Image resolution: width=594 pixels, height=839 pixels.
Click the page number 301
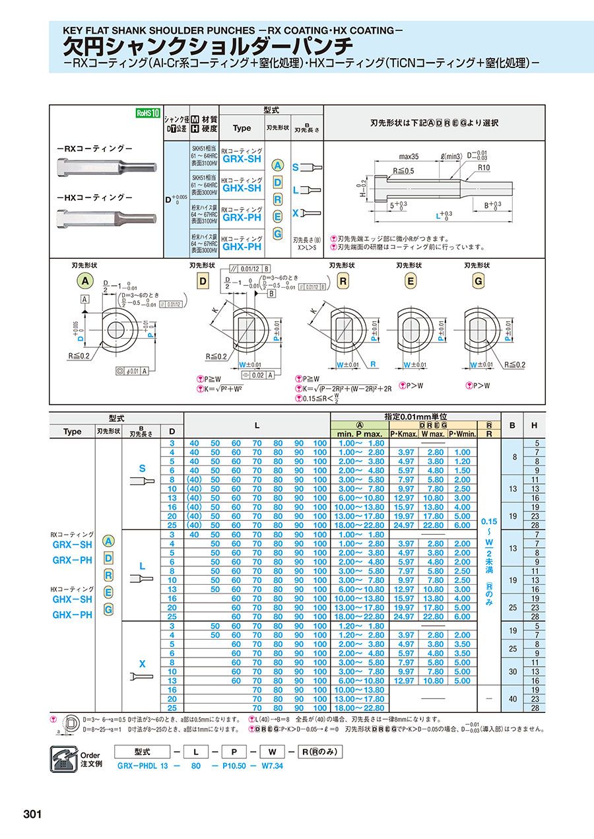[x=32, y=814]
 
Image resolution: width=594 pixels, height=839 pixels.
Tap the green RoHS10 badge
[x=148, y=113]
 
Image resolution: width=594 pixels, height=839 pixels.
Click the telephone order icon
[x=64, y=758]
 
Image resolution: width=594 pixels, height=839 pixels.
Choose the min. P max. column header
[x=360, y=433]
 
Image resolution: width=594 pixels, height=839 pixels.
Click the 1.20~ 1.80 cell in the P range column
[x=360, y=626]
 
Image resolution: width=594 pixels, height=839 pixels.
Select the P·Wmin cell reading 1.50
[x=463, y=469]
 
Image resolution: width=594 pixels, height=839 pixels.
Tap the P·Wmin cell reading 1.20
[x=463, y=461]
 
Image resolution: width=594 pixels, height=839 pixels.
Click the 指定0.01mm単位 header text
[x=416, y=417]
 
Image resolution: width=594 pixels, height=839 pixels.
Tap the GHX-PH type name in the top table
[x=242, y=247]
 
